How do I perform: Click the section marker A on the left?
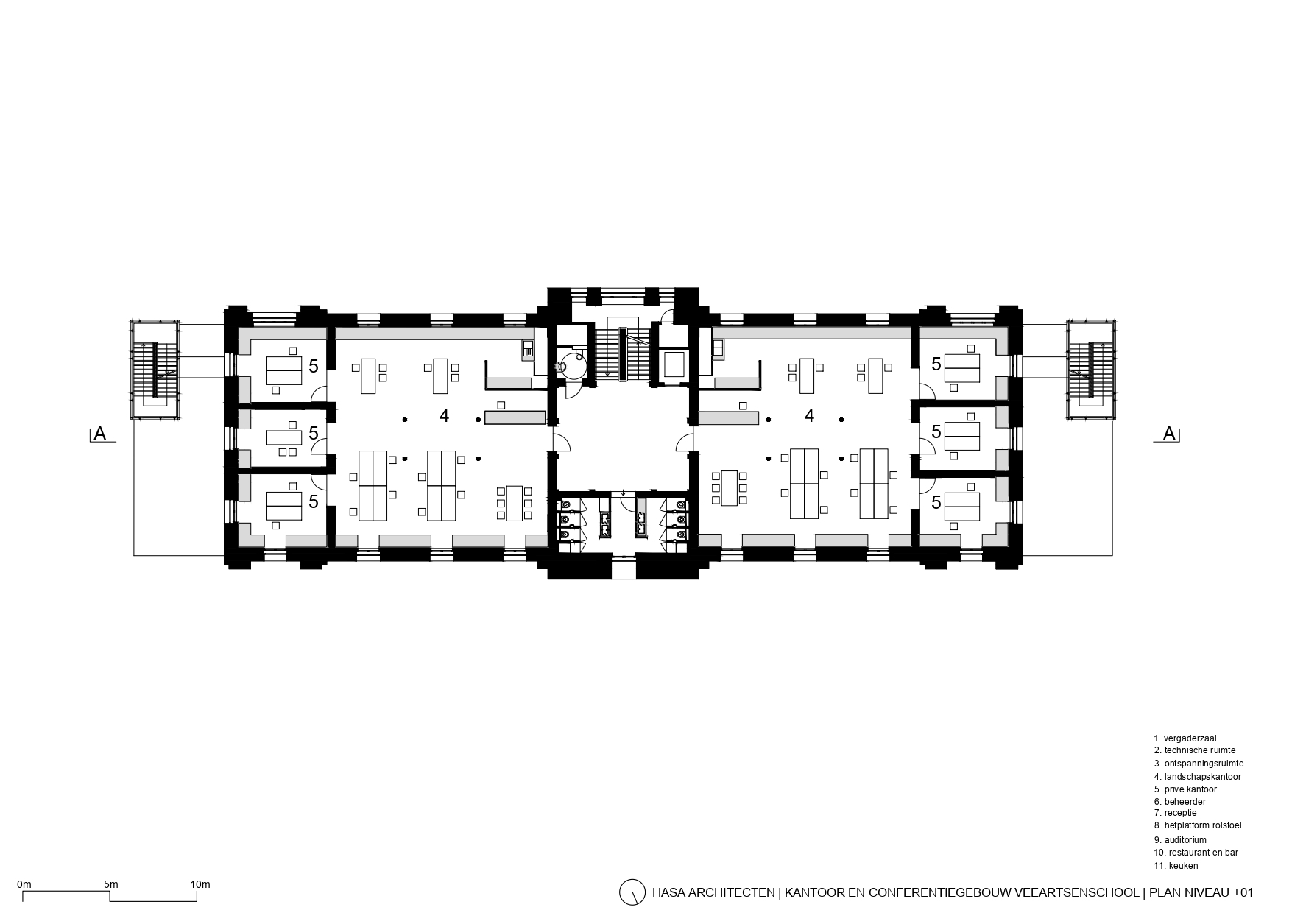(x=100, y=434)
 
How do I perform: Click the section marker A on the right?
(x=1169, y=434)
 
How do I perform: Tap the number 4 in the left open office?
(x=444, y=416)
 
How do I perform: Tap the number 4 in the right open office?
(x=809, y=416)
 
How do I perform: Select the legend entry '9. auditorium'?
(x=1180, y=839)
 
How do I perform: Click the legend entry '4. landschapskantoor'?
(x=1197, y=777)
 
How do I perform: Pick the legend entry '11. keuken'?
(x=1176, y=866)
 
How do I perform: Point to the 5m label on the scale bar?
(x=110, y=884)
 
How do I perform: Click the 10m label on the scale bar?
(x=200, y=884)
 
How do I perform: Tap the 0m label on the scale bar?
(x=24, y=884)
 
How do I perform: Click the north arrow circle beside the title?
(x=632, y=892)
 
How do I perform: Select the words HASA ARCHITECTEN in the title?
(x=713, y=892)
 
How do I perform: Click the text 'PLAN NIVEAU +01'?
(x=1200, y=892)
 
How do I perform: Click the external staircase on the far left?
(x=155, y=370)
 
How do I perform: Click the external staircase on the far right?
(x=1092, y=370)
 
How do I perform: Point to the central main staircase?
(x=623, y=353)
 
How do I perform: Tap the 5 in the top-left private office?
(x=313, y=365)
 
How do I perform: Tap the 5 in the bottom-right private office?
(x=936, y=503)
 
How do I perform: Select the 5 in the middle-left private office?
(x=313, y=434)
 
